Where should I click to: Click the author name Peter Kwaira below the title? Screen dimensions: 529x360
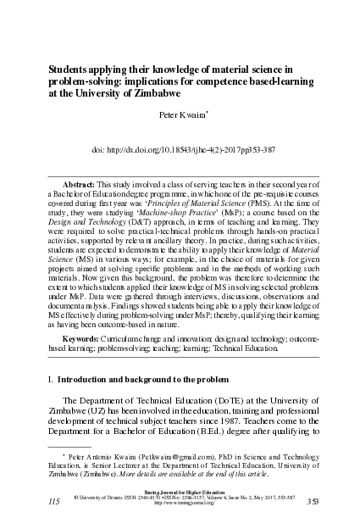click(179, 113)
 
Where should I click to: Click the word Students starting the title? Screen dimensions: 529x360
click(75, 69)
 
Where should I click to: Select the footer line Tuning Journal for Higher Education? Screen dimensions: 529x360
click(179, 490)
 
